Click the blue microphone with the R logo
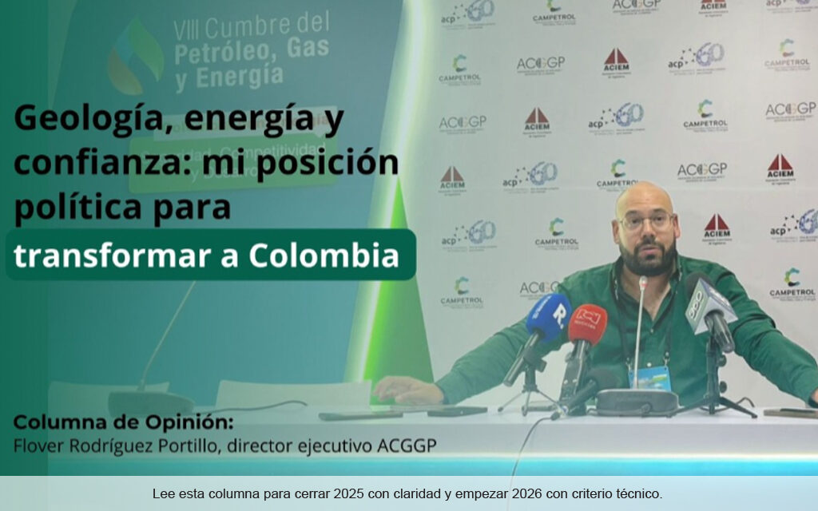tap(549, 317)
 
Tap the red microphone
tap(587, 323)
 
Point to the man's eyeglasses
tap(646, 221)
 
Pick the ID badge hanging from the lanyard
tap(650, 378)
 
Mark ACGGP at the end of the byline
tap(408, 445)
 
